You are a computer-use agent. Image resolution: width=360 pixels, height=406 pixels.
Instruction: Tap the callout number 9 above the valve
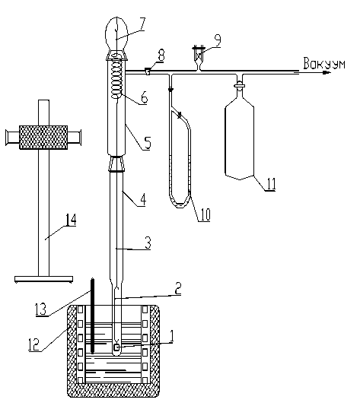[x=218, y=41]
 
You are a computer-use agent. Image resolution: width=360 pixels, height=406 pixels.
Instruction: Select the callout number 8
[x=161, y=55]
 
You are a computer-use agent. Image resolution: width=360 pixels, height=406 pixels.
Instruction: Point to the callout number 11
[x=271, y=183]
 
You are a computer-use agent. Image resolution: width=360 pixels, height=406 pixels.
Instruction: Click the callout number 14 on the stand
[x=71, y=220]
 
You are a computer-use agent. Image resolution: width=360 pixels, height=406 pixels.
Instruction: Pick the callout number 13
[x=40, y=309]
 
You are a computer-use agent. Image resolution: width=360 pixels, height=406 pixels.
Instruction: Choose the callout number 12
[x=34, y=344]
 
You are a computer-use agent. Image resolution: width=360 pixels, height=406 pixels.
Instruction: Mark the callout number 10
[x=205, y=214]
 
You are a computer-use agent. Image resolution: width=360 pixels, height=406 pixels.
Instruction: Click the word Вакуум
[x=324, y=63]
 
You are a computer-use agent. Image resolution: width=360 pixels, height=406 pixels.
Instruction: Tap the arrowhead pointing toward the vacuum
[x=327, y=72]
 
